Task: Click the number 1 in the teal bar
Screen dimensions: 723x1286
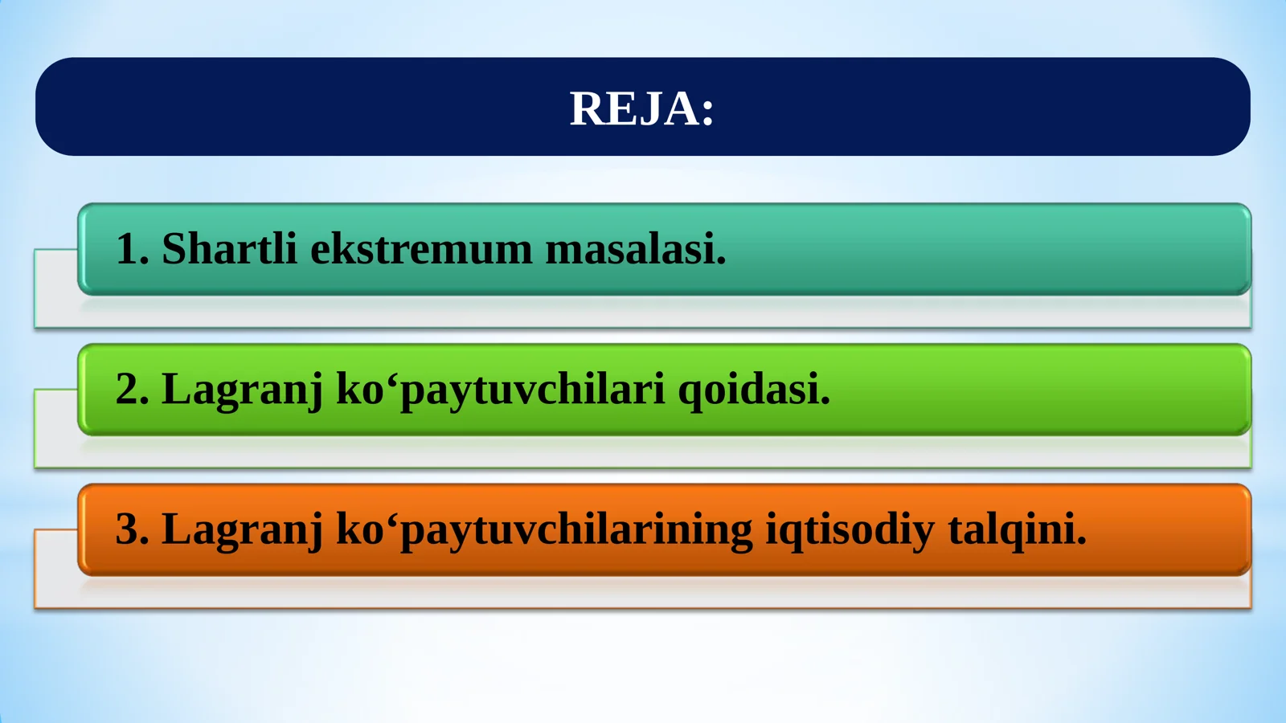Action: [x=127, y=248]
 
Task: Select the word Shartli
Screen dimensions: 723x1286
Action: [x=229, y=248]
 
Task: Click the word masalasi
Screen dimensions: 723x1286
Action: [x=630, y=248]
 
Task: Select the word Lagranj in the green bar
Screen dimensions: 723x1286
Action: [x=242, y=390]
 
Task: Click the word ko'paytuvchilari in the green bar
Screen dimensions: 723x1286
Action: [x=500, y=390]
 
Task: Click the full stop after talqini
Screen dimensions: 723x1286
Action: [x=1082, y=543]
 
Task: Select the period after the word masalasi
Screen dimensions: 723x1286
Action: [x=721, y=262]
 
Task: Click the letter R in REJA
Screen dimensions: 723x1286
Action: [x=586, y=108]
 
